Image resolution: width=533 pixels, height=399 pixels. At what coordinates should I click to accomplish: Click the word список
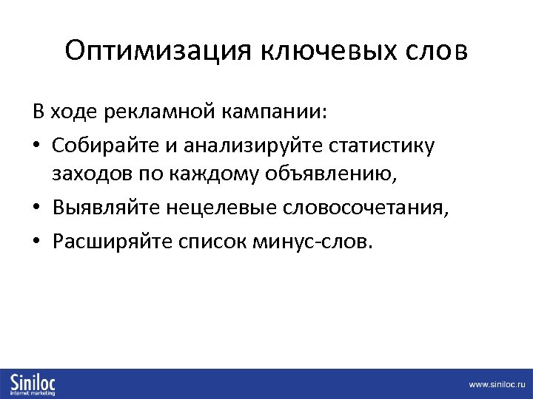tap(207, 241)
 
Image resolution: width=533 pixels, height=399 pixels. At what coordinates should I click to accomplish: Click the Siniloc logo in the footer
tap(33, 384)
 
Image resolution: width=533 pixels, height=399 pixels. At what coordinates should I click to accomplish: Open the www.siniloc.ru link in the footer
tap(495, 385)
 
